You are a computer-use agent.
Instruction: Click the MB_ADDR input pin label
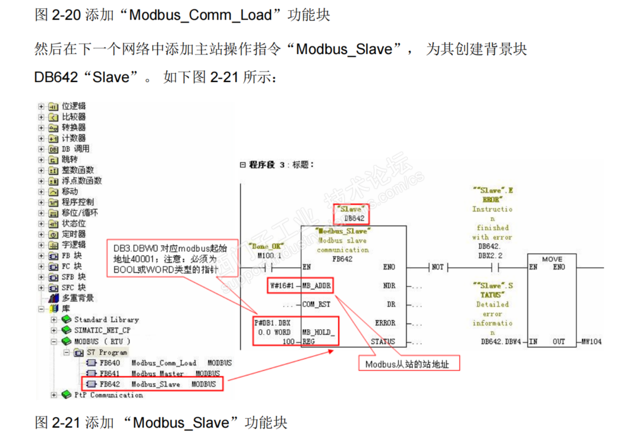(x=317, y=286)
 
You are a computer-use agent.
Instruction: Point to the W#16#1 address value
(x=282, y=286)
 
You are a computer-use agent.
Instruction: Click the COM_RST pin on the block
(x=317, y=304)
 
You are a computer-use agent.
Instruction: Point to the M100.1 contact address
(x=269, y=255)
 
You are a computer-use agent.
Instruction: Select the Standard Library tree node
(x=106, y=320)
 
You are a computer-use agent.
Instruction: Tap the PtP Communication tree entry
(x=108, y=395)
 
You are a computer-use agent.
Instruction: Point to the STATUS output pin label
(x=383, y=342)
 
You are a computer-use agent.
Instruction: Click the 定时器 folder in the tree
(x=74, y=234)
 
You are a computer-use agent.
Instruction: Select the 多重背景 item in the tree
(x=77, y=298)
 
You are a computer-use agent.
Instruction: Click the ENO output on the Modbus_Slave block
(x=389, y=267)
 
